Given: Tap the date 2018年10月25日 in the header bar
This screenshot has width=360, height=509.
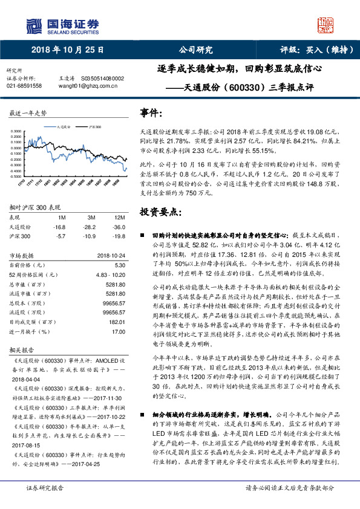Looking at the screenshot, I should point(67,50).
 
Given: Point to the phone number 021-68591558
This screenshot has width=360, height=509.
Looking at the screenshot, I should point(24,86).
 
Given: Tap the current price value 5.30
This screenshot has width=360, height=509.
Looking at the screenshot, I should point(119,265).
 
